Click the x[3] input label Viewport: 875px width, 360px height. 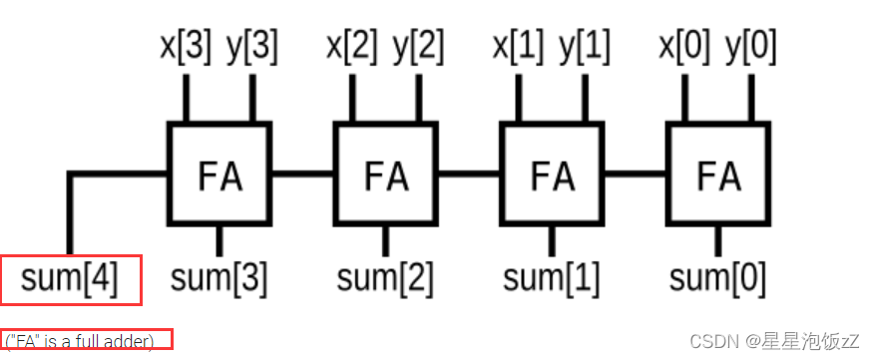tap(186, 46)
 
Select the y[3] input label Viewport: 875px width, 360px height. tap(250, 46)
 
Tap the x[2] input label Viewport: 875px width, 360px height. tap(352, 46)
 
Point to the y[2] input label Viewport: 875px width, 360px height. tap(417, 46)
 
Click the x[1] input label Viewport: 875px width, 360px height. tap(518, 46)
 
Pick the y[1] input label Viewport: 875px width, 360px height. tap(583, 46)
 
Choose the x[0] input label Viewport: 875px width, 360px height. tap(683, 46)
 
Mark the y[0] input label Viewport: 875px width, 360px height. tap(749, 46)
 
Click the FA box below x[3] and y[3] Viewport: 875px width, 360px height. tap(219, 174)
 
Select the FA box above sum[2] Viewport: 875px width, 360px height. tap(384, 174)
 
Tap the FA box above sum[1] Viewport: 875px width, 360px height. tap(551, 174)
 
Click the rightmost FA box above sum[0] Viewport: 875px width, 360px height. tap(716, 174)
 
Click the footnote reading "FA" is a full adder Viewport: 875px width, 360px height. tap(86, 342)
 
